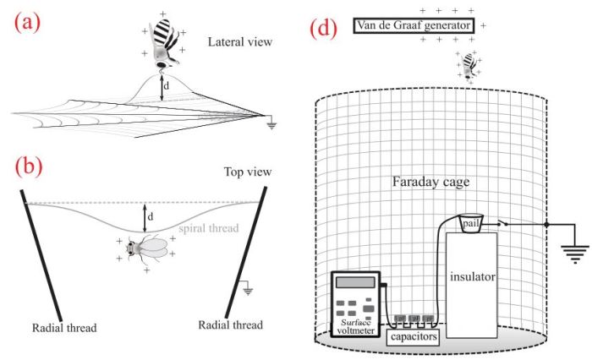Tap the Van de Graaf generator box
pyautogui.click(x=414, y=26)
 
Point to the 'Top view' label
pyautogui.click(x=247, y=172)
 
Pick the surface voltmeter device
pyautogui.click(x=358, y=303)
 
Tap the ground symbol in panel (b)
pyautogui.click(x=249, y=290)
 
